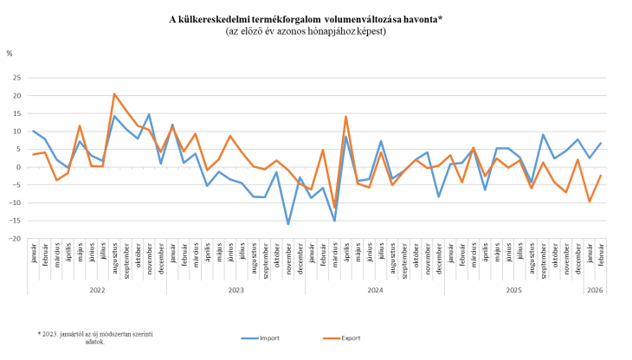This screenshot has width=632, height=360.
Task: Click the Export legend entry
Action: pos(350,337)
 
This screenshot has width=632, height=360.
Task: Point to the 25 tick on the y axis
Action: pos(17,78)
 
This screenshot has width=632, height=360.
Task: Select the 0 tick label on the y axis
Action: pos(19,167)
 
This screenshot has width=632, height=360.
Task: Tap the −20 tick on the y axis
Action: pos(16,239)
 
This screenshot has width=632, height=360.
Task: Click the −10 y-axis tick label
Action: pos(16,203)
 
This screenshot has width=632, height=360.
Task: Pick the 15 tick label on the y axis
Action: pos(17,113)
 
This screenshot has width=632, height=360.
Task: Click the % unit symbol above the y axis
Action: pos(10,54)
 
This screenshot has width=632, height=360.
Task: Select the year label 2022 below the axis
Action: pos(97,290)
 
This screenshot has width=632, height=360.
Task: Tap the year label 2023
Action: pos(235,290)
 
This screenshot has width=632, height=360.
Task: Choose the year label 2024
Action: pos(375,290)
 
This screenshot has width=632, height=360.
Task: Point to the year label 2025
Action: pos(513,290)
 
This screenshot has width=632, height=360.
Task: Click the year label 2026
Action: pos(595,290)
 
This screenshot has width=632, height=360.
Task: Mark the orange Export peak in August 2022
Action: pos(114,93)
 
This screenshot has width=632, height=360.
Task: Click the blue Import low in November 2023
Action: pos(288,224)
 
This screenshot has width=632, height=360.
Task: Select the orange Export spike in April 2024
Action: pos(346,116)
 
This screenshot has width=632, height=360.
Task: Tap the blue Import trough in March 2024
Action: pos(334,221)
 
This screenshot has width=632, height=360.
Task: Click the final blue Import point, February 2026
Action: pos(601,143)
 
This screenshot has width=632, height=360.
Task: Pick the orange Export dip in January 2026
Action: pos(590,202)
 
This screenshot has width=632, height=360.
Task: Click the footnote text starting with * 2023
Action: pos(95,337)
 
